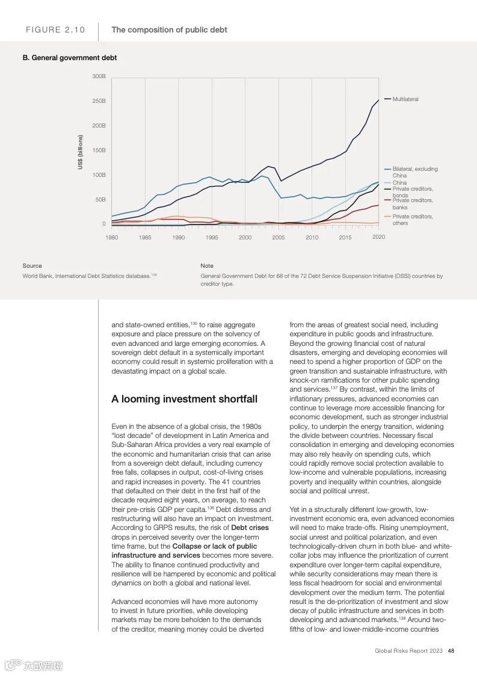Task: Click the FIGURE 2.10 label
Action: coord(55,30)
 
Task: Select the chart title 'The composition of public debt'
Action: coord(169,29)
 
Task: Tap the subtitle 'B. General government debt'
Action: coord(70,58)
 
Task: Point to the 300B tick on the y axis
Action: coord(99,76)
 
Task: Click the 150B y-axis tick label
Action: coord(99,150)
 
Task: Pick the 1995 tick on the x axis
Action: coord(212,238)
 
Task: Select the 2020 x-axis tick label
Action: coord(378,237)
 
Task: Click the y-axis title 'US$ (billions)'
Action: coord(80,152)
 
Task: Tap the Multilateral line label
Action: coord(405,99)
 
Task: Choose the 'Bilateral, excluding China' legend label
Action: coord(414,172)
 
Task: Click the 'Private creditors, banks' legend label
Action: coord(412,204)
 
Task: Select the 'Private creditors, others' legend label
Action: coord(412,220)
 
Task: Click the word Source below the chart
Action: coord(32,265)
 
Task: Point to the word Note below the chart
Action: coord(207,265)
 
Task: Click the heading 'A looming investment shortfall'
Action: coord(184,399)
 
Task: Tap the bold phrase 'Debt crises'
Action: coord(250,528)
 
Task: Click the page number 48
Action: coord(451,650)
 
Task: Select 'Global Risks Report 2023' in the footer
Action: coord(408,650)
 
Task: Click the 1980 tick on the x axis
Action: coord(112,238)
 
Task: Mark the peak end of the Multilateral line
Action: coord(378,100)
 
